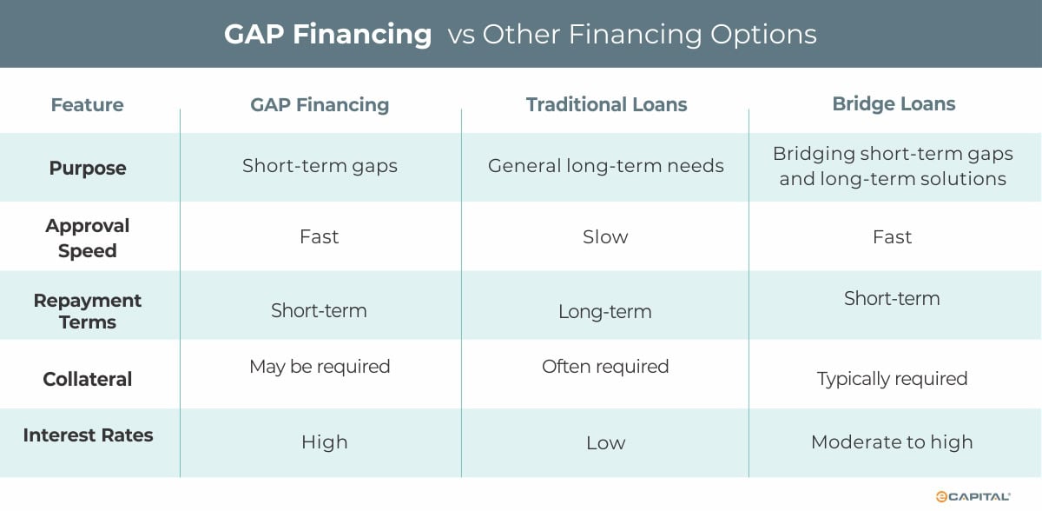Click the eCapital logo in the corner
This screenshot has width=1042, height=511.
click(x=972, y=496)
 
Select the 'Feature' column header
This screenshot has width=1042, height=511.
click(x=87, y=105)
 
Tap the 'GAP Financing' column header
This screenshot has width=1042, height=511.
click(x=320, y=105)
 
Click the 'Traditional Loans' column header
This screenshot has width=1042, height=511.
click(x=606, y=105)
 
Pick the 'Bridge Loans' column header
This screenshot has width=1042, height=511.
click(x=894, y=104)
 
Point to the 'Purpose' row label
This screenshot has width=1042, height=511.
click(x=87, y=168)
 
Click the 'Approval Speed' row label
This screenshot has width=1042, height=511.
click(x=87, y=237)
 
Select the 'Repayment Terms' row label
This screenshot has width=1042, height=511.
click(x=87, y=311)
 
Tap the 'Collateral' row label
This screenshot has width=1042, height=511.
click(x=87, y=379)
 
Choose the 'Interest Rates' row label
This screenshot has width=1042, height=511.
click(x=88, y=435)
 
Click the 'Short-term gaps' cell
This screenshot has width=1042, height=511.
click(x=320, y=166)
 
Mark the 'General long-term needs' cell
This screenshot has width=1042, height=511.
click(x=605, y=166)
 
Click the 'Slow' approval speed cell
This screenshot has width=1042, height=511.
click(x=605, y=237)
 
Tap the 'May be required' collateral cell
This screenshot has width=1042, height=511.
click(x=320, y=367)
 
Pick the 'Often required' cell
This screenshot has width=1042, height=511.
click(x=605, y=367)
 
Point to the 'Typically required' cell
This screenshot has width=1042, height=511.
click(x=892, y=379)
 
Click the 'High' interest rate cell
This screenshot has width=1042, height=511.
click(x=324, y=442)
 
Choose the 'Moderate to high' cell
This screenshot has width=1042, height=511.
click(x=892, y=442)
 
